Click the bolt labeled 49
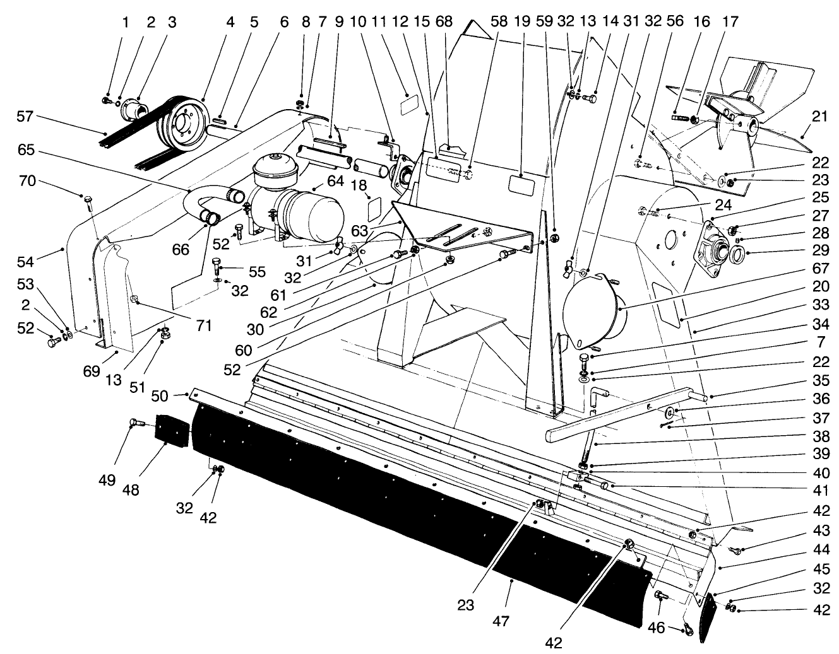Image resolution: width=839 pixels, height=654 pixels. tap(135, 423)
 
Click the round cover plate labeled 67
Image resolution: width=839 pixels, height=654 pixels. tap(592, 309)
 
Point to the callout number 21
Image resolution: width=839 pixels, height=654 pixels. tap(819, 117)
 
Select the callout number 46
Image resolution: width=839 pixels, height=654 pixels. tap(657, 628)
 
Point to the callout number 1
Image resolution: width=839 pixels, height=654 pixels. tap(125, 23)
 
